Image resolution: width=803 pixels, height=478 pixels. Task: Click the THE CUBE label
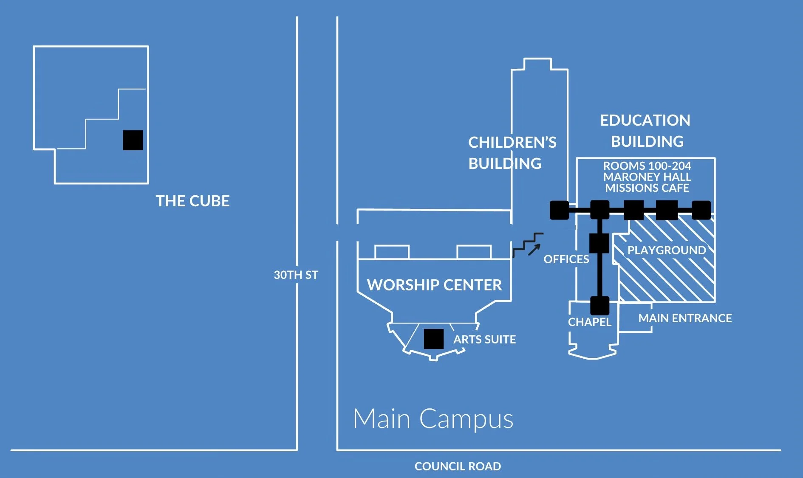pos(192,201)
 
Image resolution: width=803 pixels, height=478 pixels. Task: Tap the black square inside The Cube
pos(133,140)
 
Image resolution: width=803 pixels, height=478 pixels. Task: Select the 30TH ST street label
pos(296,275)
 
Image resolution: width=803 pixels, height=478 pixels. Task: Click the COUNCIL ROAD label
pos(458,466)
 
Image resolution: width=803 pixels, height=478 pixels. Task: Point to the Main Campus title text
pos(433,419)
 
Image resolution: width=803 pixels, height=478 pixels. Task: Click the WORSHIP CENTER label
pos(434,285)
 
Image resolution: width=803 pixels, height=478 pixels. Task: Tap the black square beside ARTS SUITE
pos(434,339)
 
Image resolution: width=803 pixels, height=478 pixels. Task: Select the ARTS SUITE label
pos(484,339)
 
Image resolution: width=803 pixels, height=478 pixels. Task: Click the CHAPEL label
pos(589,322)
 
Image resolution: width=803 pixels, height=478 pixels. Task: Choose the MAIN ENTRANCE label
pos(685,318)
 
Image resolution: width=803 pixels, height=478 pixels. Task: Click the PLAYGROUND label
pos(667,250)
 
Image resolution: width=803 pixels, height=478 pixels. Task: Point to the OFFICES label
pos(566,259)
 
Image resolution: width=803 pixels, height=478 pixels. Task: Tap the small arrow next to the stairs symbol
pos(534,250)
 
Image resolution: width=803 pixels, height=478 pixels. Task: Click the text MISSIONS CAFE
pos(647,188)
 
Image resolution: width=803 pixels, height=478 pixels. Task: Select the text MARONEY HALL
pos(647,177)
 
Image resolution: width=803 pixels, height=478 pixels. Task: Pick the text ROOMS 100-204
pos(647,166)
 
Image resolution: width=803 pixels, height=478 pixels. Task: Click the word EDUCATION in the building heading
pos(645,121)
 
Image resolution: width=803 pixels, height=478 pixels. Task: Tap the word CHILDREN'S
pos(512,143)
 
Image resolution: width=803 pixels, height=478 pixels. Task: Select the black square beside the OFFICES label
pos(599,243)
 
